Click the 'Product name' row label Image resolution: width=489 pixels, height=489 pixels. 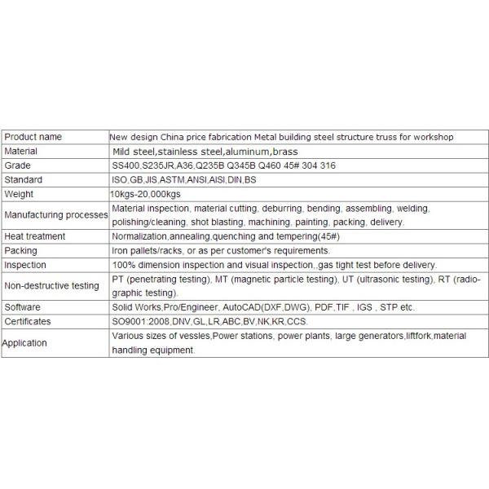click(33, 137)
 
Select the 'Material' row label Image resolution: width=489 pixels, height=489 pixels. click(21, 152)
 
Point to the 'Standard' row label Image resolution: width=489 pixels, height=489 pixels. click(23, 179)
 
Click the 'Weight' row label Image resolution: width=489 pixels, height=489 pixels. click(19, 194)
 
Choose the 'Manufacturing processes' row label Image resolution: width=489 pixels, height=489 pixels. click(55, 214)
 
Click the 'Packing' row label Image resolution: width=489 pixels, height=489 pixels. click(20, 250)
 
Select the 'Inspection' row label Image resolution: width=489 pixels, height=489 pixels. click(25, 265)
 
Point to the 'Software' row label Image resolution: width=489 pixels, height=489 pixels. click(23, 307)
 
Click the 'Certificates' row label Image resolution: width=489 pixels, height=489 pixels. click(28, 321)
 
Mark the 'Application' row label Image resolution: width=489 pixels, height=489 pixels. click(24, 343)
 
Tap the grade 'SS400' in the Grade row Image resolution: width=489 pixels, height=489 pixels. click(126, 165)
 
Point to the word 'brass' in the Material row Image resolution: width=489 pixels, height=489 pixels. click(285, 152)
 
